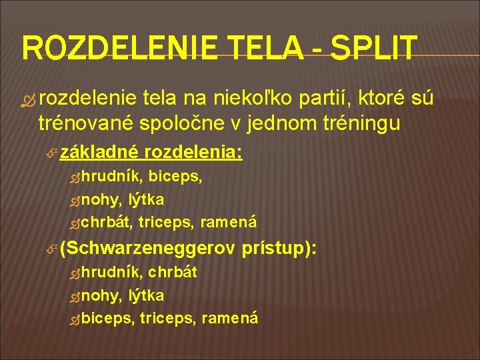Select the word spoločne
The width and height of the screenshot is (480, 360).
click(x=176, y=123)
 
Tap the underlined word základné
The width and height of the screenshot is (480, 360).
click(x=99, y=153)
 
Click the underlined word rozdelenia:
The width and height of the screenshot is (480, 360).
click(x=193, y=153)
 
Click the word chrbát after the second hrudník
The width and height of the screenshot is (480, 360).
click(x=172, y=273)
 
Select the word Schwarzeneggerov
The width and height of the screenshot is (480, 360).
click(x=148, y=249)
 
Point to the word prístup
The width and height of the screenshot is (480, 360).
click(x=276, y=249)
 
